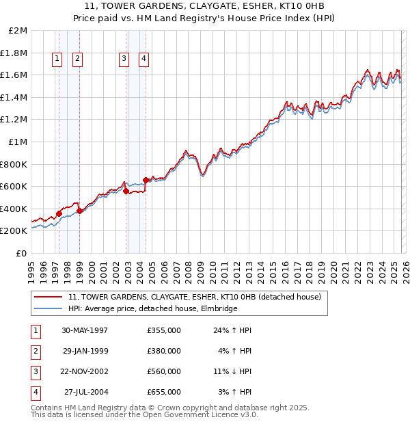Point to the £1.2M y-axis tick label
pyautogui.click(x=14, y=120)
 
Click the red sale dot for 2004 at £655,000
pyautogui.click(x=146, y=181)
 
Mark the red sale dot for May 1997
pyautogui.click(x=59, y=213)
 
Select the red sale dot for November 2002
pyautogui.click(x=126, y=191)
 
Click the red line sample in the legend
pyautogui.click(x=48, y=297)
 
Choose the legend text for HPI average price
pyautogui.click(x=152, y=309)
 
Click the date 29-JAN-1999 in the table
pyautogui.click(x=85, y=351)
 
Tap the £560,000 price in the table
pyautogui.click(x=164, y=371)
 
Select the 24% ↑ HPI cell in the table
pyautogui.click(x=233, y=330)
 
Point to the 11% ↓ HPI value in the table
pyautogui.click(x=233, y=371)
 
